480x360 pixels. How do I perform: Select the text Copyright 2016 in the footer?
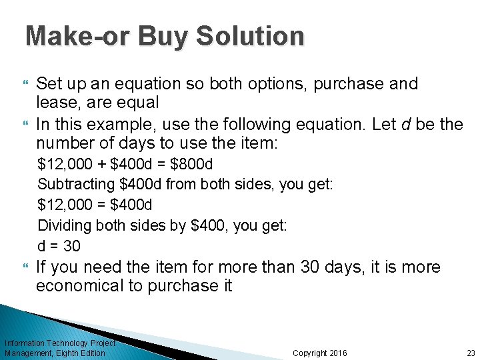320,353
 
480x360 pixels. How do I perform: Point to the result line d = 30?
59,246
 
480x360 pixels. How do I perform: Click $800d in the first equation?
191,164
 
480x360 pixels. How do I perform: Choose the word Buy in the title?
162,36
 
